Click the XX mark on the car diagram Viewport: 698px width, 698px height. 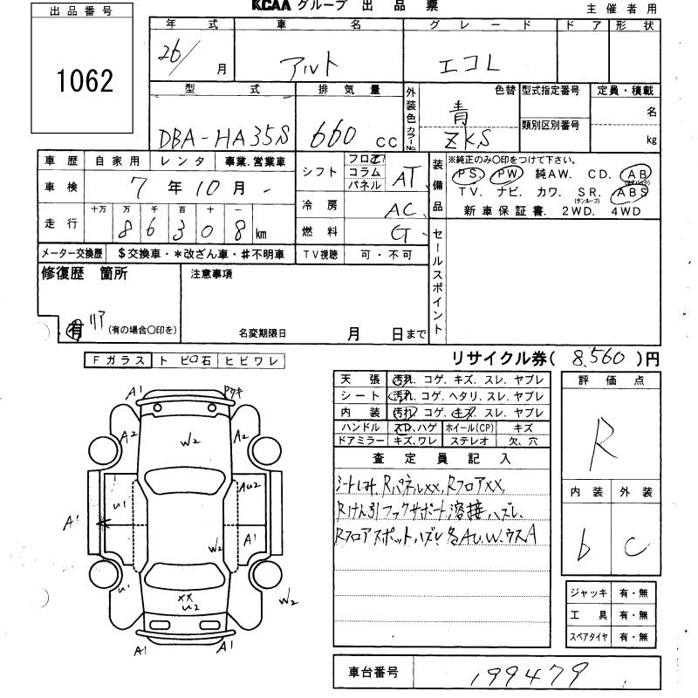click(184, 598)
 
